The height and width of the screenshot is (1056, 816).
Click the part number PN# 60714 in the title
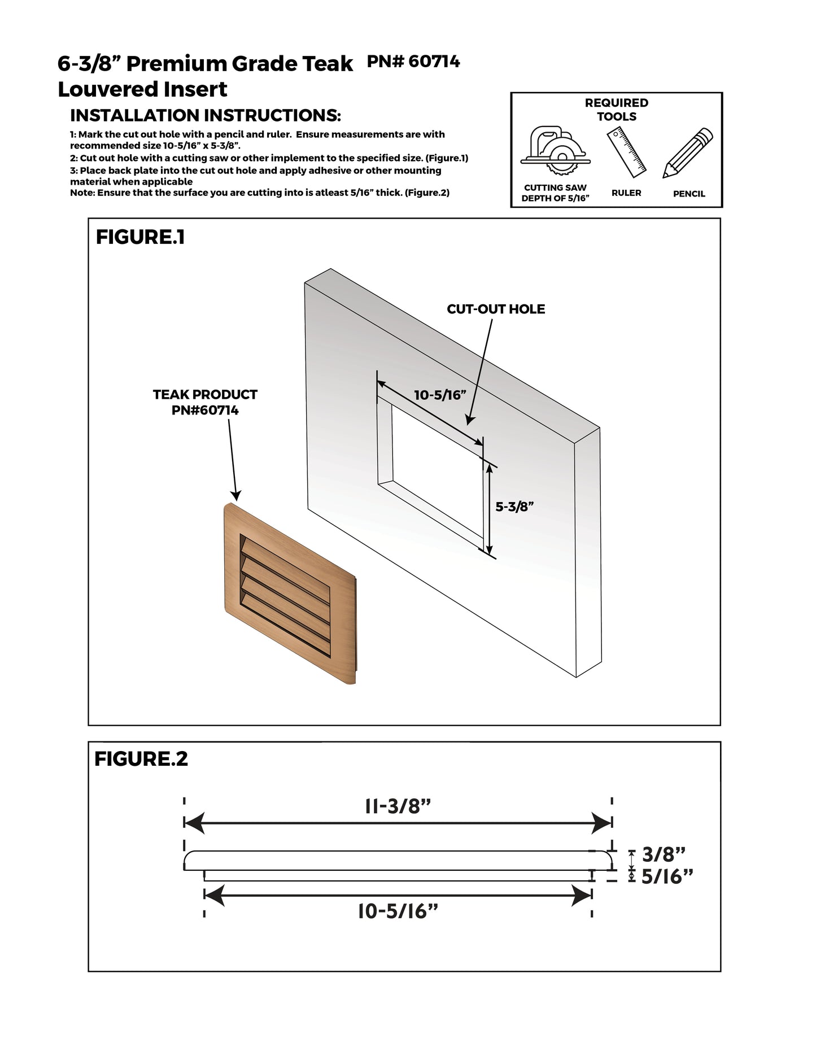coord(413,62)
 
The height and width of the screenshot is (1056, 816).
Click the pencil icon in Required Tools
coord(688,153)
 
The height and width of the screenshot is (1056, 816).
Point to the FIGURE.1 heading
coord(140,237)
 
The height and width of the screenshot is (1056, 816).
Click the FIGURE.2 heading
coord(141,759)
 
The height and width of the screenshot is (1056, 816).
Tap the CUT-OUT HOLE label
coord(496,309)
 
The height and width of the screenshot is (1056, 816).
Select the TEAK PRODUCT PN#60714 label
coord(205,402)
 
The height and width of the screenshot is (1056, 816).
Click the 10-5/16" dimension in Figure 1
coord(440,395)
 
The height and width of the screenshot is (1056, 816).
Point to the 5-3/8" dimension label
coord(514,507)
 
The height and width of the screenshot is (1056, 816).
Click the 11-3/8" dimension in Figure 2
coord(398,806)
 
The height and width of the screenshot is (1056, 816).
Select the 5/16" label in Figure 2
coord(667,876)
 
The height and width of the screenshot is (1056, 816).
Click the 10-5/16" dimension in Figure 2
coord(398,911)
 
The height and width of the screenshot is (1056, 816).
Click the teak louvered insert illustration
coord(289,594)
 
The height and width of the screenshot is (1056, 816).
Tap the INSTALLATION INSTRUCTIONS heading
coord(205,116)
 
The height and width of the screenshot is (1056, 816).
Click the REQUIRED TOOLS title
coord(616,110)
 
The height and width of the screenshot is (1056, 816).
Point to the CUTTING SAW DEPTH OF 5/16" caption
coord(555,193)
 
